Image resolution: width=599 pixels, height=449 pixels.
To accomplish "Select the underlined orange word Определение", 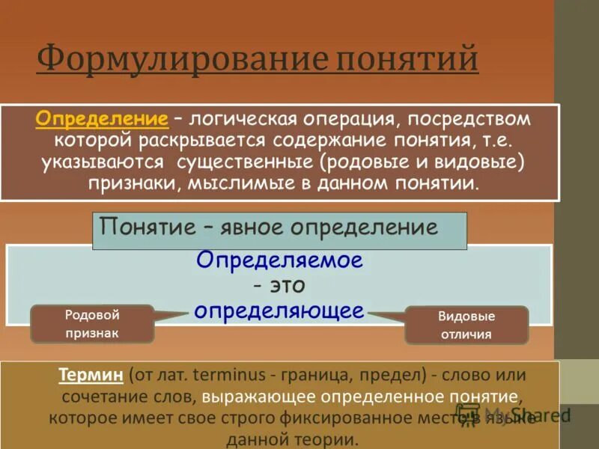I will [x=101, y=119].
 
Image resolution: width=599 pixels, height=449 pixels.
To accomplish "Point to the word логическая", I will [x=240, y=119].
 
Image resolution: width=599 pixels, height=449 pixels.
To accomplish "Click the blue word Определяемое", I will [x=279, y=260].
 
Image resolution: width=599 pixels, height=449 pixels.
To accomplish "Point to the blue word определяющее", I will [x=279, y=310].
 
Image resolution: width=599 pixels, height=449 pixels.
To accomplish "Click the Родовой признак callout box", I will [x=92, y=324].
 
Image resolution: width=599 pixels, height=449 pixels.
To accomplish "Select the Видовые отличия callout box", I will [x=466, y=326].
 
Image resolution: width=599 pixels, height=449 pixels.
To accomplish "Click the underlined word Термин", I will [x=90, y=373].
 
